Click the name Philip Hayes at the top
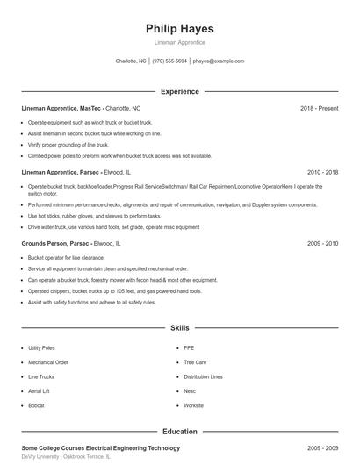coord(179,28)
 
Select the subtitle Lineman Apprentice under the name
coord(179,42)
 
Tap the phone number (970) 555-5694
coord(169,61)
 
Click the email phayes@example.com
coord(219,61)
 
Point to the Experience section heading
coord(179,91)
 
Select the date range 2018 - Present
coord(319,108)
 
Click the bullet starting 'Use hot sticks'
coord(95,215)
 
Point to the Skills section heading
coord(179,328)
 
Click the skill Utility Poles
coord(41,347)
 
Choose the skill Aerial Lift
coord(39,390)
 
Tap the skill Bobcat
coord(36,405)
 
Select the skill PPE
coord(189,347)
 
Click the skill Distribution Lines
coord(203,376)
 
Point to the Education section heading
coord(179,432)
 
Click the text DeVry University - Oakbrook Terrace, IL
coord(67,457)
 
